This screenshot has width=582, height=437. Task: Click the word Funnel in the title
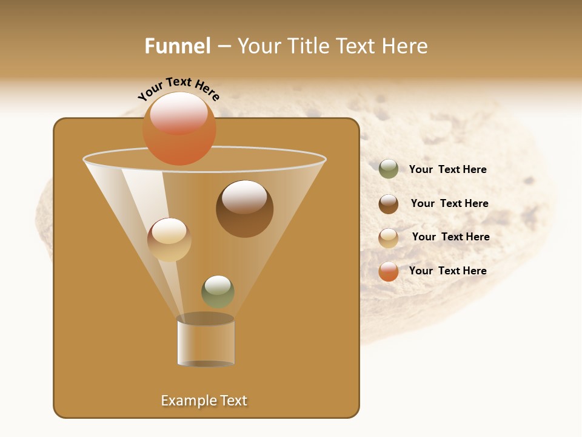(x=178, y=46)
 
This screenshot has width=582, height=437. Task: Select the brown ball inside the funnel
(x=244, y=209)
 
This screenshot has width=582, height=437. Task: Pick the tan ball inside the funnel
(x=169, y=240)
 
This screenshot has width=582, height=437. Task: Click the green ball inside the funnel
(x=218, y=291)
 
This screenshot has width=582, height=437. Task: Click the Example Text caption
(x=204, y=401)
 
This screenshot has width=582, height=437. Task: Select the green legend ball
(x=389, y=169)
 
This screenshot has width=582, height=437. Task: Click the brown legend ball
(x=389, y=204)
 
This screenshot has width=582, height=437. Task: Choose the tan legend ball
(x=389, y=238)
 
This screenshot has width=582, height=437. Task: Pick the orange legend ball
(x=389, y=271)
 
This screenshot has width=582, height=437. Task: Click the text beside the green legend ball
(x=447, y=169)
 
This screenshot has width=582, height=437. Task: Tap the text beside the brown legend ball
(x=449, y=203)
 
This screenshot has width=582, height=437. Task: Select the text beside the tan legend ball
(x=450, y=237)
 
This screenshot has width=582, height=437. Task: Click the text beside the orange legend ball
(x=447, y=271)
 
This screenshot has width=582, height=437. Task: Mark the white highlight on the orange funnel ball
(x=179, y=112)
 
